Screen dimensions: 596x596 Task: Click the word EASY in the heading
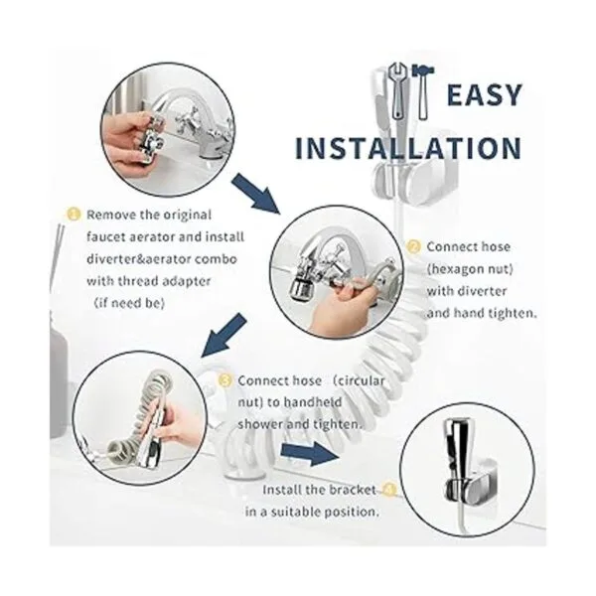(484, 95)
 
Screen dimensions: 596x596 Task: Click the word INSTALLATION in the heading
(408, 148)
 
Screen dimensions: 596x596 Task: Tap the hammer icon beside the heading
(423, 92)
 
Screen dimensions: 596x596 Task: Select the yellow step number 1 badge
(74, 214)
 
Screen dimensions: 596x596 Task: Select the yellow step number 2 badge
(413, 246)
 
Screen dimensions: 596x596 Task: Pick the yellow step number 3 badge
(225, 380)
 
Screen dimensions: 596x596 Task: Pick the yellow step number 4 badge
(389, 490)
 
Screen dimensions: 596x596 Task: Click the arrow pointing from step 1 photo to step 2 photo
(256, 193)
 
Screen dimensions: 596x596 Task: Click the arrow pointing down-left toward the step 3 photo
(224, 336)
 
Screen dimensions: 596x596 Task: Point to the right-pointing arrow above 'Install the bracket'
(310, 454)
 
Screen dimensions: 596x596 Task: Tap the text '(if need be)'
(129, 303)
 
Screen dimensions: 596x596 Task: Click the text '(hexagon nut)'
(470, 269)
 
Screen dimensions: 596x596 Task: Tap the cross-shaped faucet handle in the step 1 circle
(189, 120)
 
